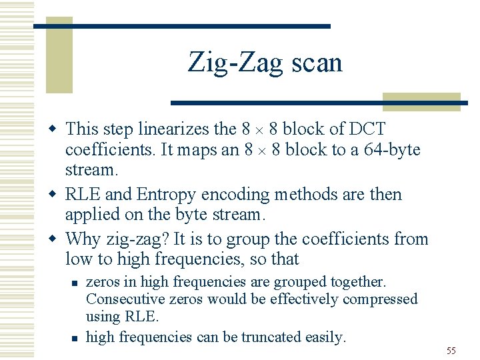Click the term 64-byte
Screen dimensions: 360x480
(x=393, y=149)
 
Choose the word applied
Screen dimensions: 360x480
(x=91, y=215)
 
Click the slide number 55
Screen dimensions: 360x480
(x=451, y=351)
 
